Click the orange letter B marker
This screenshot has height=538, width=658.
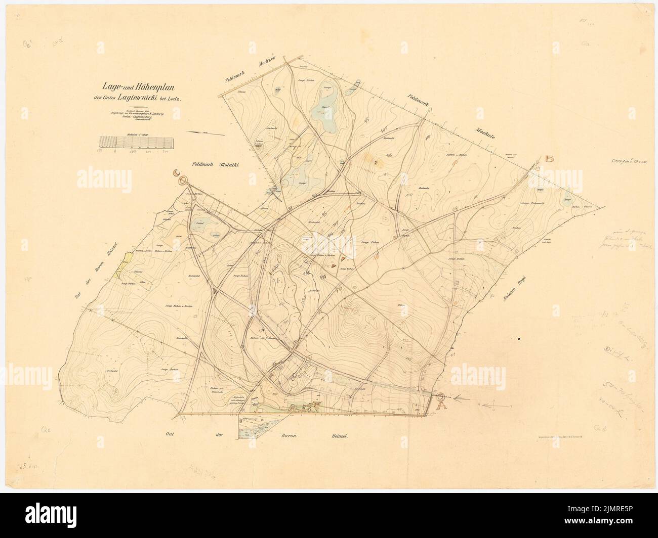click(x=550, y=159)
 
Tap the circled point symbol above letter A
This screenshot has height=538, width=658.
click(x=440, y=397)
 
